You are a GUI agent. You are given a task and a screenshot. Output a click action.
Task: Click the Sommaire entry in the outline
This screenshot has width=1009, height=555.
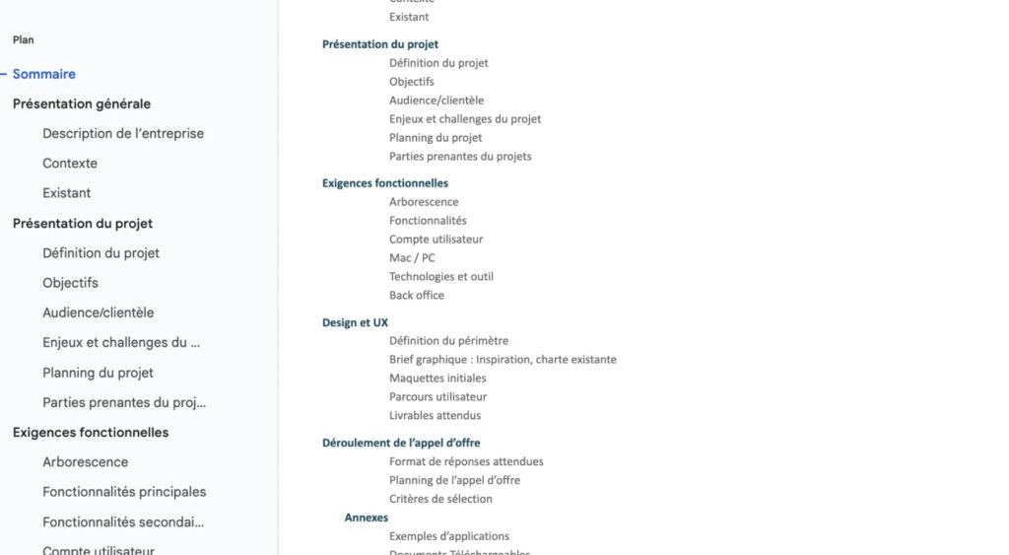point(44,74)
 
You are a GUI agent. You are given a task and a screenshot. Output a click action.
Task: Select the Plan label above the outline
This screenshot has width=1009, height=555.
point(24,40)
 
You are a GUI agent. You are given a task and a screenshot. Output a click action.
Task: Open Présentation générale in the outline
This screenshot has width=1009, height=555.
point(82,104)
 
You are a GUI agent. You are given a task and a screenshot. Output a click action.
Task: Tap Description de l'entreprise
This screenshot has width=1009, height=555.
point(123,133)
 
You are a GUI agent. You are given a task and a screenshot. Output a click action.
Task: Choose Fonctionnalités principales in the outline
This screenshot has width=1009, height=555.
point(124,492)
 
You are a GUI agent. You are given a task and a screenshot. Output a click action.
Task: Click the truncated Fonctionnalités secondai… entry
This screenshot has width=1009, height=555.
point(123,521)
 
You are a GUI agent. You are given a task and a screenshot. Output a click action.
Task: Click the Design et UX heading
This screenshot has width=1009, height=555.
point(355,322)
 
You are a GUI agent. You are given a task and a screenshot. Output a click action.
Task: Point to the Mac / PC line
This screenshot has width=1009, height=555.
point(412,258)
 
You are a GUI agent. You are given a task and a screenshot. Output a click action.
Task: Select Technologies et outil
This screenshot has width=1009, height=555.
point(441,277)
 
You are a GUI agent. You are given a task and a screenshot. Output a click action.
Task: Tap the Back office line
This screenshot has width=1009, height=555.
point(417,296)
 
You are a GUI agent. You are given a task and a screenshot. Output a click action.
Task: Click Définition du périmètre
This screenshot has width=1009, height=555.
point(448,341)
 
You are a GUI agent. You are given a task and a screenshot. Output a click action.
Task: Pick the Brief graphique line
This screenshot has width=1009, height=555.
point(503,360)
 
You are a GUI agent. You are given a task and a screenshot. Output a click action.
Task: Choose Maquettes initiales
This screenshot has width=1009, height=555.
point(437,379)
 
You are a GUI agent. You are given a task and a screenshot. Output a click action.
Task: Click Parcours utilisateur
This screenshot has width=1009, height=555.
point(437,397)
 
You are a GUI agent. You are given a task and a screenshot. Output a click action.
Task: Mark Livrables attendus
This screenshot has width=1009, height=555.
point(435,416)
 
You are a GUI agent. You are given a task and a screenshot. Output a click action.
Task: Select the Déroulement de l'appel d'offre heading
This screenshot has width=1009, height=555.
point(401,444)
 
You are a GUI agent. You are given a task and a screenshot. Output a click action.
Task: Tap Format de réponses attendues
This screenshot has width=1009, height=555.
point(466,461)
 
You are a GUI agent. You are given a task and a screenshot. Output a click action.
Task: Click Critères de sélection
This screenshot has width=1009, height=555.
point(440,499)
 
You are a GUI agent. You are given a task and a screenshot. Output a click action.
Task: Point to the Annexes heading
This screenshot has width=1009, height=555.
point(367,518)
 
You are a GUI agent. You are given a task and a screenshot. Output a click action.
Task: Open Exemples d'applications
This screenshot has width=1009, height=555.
point(449,536)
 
